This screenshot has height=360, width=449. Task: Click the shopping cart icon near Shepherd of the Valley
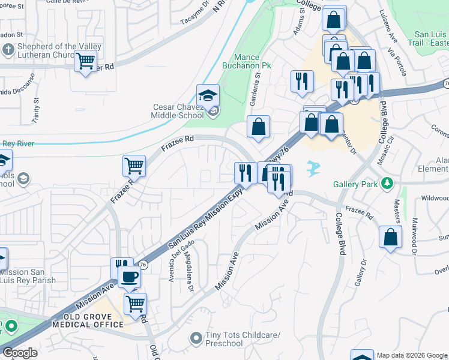[86, 60]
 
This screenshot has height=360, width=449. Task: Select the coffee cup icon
[129, 277]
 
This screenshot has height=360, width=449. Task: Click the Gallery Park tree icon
[388, 182]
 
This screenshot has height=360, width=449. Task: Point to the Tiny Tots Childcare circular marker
[196, 339]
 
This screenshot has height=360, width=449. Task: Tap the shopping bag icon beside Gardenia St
[258, 127]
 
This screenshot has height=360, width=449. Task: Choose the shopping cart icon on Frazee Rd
[134, 165]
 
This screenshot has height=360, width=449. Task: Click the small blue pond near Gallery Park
[312, 169]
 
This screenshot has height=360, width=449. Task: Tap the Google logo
[20, 353]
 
